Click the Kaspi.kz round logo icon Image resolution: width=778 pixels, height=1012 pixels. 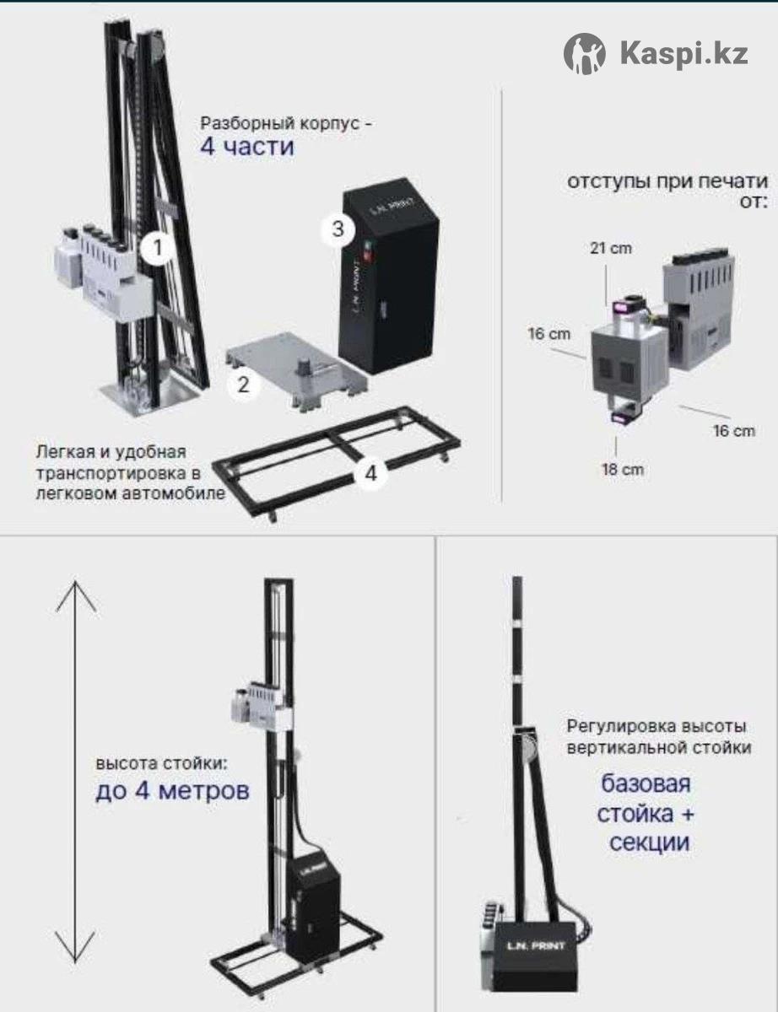pos(585,54)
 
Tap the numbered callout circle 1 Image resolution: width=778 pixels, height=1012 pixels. pos(158,247)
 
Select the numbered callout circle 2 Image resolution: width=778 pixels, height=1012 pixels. pos(243,385)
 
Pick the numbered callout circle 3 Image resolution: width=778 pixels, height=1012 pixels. pos(338,229)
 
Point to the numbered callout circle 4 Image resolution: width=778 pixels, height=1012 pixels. pos(370,474)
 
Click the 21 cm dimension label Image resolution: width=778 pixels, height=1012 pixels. pos(611,248)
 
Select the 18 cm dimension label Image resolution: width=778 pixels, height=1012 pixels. pos(623,470)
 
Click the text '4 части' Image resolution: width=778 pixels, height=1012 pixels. pos(247,147)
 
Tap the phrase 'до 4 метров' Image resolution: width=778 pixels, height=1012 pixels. pos(172,791)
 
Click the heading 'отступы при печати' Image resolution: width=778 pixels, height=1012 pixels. pos(667,181)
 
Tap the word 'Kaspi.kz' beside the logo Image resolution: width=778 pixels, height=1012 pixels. pos(684,54)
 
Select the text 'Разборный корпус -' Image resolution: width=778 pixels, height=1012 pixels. pos(286,123)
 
